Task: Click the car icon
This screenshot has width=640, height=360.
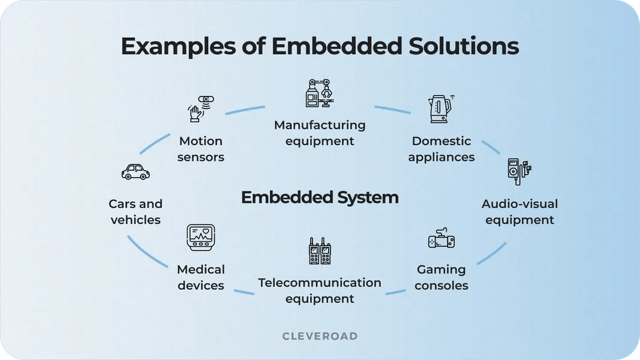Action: [x=136, y=172]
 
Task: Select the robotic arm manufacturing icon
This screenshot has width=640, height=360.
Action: [x=319, y=94]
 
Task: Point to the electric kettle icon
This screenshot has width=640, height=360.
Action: [x=441, y=109]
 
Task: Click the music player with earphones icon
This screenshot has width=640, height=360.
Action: [x=518, y=172]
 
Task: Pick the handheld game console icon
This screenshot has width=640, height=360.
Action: [x=441, y=239]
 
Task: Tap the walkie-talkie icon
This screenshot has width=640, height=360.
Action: [x=320, y=251]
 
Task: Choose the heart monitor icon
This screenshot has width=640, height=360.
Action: [x=200, y=238]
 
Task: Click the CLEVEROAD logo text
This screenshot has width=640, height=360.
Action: [x=320, y=337]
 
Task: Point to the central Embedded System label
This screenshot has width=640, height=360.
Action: [x=320, y=197]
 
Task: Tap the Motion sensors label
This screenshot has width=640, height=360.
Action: [x=200, y=149]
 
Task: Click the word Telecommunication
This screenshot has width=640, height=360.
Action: [x=320, y=283]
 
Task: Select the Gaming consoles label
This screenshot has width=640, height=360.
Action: [x=441, y=278]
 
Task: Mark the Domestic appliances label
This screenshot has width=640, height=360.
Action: [x=442, y=149]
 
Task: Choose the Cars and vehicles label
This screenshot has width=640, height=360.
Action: [x=136, y=212]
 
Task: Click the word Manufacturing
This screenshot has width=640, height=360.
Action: [x=320, y=125]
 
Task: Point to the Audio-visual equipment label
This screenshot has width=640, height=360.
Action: [x=519, y=212]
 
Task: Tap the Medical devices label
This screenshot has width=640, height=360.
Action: [x=200, y=278]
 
